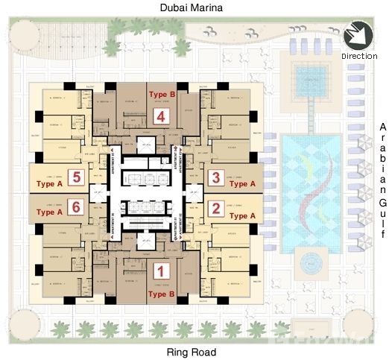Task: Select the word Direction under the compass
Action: [x=359, y=56]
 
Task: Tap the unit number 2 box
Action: [x=215, y=208]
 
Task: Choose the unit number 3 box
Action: [x=215, y=177]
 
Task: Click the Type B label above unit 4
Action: [x=162, y=95]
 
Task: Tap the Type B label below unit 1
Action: [x=162, y=294]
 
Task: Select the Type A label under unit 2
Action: [x=242, y=215]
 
